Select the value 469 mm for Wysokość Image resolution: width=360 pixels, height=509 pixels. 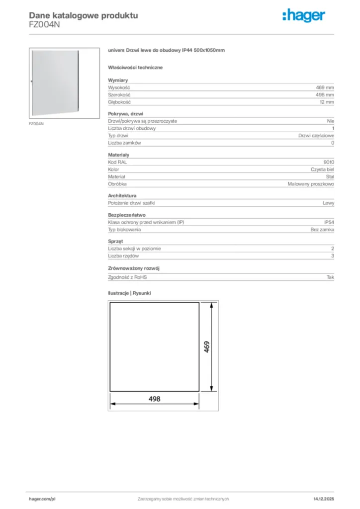pyautogui.click(x=325, y=87)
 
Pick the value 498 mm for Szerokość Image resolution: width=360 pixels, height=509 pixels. pyautogui.click(x=325, y=94)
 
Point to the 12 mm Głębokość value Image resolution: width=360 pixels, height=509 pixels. pyautogui.click(x=327, y=102)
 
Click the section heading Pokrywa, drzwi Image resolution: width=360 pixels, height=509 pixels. pyautogui.click(x=125, y=114)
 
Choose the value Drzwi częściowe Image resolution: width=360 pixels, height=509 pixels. pyautogui.click(x=316, y=136)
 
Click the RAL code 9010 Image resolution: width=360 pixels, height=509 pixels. pyautogui.click(x=329, y=162)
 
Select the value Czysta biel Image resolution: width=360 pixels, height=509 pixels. pyautogui.click(x=323, y=170)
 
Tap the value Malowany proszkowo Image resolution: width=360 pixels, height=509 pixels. pyautogui.click(x=311, y=184)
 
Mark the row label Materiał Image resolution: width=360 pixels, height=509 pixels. pyautogui.click(x=117, y=176)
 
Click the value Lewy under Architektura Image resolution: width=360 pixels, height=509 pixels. pyautogui.click(x=328, y=203)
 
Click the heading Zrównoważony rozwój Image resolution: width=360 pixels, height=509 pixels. pyautogui.click(x=134, y=268)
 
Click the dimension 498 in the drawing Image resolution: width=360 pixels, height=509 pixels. pyautogui.click(x=155, y=399)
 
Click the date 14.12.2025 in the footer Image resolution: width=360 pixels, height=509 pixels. pyautogui.click(x=324, y=499)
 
